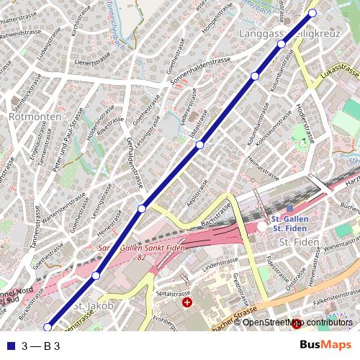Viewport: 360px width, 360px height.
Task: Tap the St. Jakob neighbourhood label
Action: (x=94, y=306)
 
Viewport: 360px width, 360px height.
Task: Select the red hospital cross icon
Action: (x=188, y=304)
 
